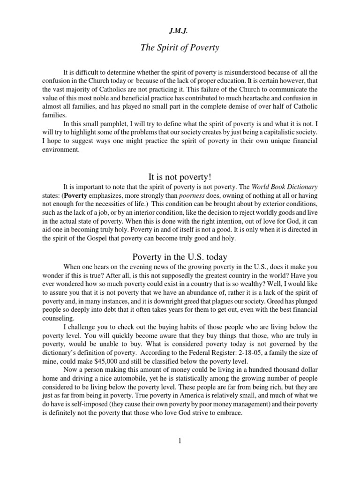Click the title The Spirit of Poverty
point(180,48)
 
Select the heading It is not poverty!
point(180,177)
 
